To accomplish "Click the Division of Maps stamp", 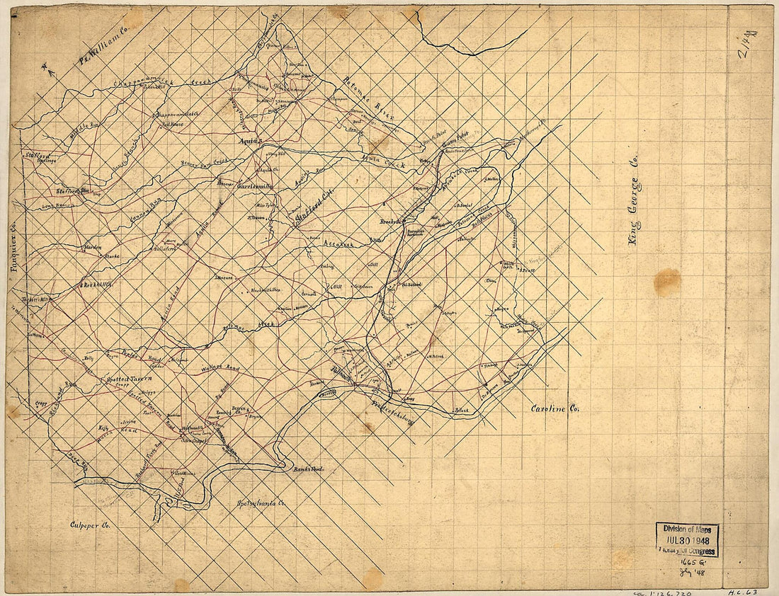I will coord(687,539).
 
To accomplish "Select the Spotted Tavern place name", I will coord(129,379).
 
